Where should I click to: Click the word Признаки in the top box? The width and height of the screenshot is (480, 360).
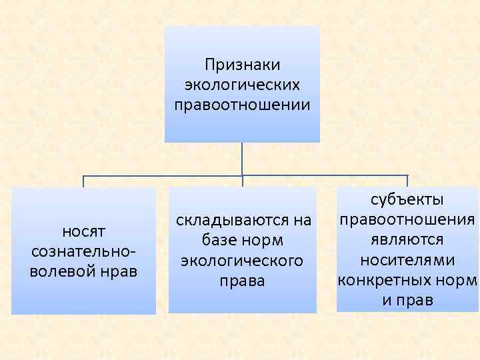click(x=242, y=65)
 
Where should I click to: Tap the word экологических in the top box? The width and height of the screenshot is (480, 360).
click(x=242, y=85)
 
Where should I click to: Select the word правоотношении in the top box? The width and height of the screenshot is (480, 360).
click(x=242, y=105)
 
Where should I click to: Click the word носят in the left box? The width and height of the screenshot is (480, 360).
click(x=83, y=231)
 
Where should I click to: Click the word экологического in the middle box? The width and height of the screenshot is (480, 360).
click(x=242, y=261)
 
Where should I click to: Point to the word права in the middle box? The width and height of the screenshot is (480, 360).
click(x=242, y=281)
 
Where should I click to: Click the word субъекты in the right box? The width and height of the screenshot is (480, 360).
click(x=407, y=199)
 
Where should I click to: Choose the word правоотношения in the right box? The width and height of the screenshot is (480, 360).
click(x=407, y=219)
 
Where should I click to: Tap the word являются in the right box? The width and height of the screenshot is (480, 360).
click(x=407, y=239)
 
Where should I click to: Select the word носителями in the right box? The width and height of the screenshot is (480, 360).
click(x=407, y=259)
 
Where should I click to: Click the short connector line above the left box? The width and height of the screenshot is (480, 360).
click(x=83, y=181)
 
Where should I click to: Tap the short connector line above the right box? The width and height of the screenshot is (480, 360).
click(x=407, y=181)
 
